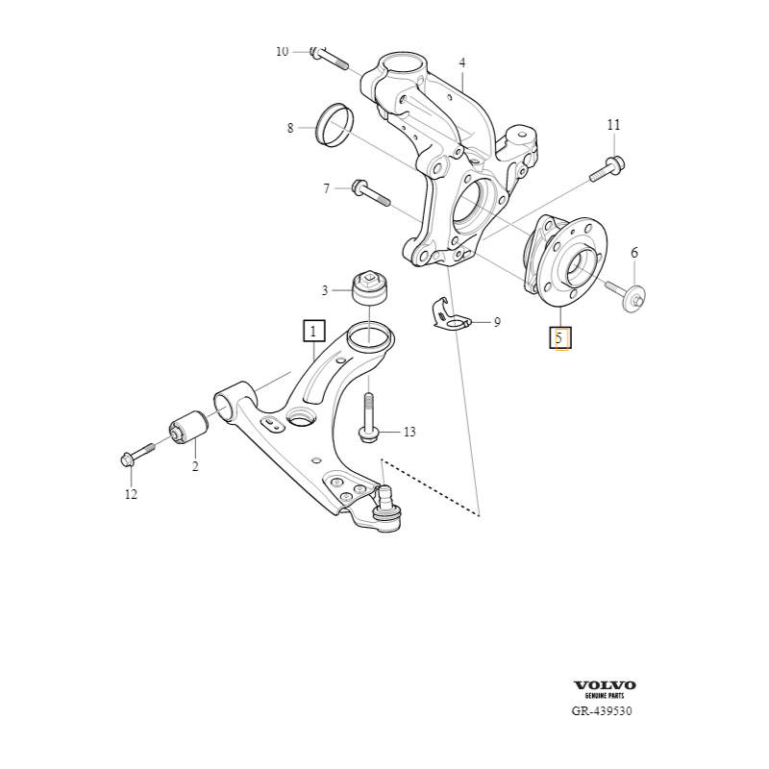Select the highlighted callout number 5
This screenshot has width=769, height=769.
[560, 337]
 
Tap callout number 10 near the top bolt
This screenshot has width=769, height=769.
[282, 51]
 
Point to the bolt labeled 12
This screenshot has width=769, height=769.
[139, 454]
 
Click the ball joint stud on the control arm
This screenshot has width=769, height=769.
[386, 504]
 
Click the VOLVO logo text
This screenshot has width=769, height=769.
[605, 685]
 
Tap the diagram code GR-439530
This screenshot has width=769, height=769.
[602, 712]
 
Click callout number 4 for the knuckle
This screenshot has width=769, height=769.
[461, 63]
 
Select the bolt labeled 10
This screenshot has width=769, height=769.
[332, 61]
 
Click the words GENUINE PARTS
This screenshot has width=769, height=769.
[605, 696]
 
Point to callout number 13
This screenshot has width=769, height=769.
[409, 432]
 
